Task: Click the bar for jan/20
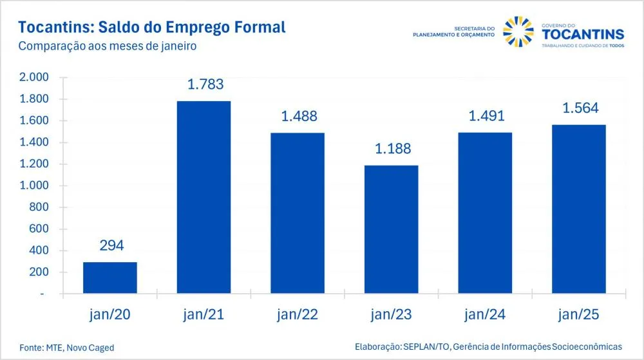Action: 110,278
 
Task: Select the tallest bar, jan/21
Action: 204,197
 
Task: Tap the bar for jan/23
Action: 391,229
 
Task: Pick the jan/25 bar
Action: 579,209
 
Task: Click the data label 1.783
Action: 205,84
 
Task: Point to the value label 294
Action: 111,245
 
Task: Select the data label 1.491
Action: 487,116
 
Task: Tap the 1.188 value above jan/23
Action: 393,149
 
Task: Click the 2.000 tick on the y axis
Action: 33,77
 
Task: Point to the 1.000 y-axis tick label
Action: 33,185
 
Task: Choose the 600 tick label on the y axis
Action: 39,229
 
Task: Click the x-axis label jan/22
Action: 298,314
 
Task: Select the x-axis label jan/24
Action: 485,314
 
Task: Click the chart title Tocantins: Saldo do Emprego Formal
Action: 152,27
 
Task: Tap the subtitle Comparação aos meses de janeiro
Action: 107,46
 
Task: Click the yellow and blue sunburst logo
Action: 518,32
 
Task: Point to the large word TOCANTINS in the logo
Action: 583,35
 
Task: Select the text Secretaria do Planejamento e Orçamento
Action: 454,32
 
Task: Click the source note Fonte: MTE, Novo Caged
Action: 66,348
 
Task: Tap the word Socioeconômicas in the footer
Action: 587,347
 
